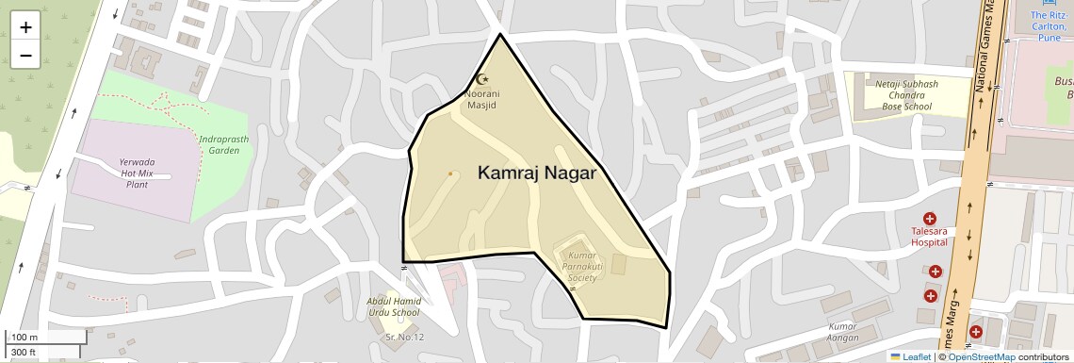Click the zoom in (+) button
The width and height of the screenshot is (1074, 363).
click(x=25, y=27)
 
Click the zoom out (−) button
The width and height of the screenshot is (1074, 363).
click(x=25, y=56)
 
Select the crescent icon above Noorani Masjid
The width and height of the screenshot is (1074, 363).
click(x=484, y=81)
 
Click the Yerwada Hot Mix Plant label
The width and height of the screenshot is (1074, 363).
click(x=138, y=173)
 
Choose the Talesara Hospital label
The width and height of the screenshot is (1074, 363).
click(x=928, y=236)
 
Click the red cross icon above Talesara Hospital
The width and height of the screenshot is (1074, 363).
click(x=929, y=219)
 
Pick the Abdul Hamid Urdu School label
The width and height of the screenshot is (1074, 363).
click(x=393, y=306)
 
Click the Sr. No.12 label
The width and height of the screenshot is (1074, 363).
click(x=404, y=337)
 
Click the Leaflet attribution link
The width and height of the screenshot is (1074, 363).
click(x=910, y=356)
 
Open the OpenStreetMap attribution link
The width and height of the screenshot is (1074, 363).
click(x=981, y=356)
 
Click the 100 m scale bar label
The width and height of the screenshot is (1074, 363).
click(x=24, y=338)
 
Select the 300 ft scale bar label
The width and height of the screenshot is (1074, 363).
click(x=24, y=353)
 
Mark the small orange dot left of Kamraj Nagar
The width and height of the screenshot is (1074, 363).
click(x=450, y=173)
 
